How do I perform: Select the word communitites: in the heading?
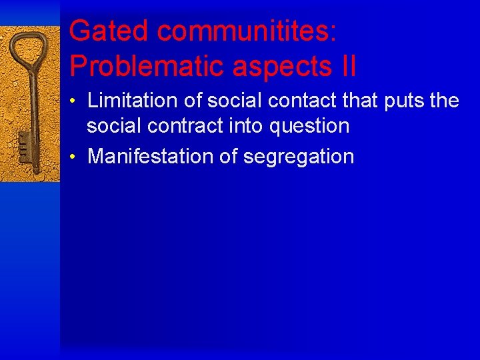click(x=246, y=31)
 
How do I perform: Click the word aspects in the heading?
click(x=277, y=66)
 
